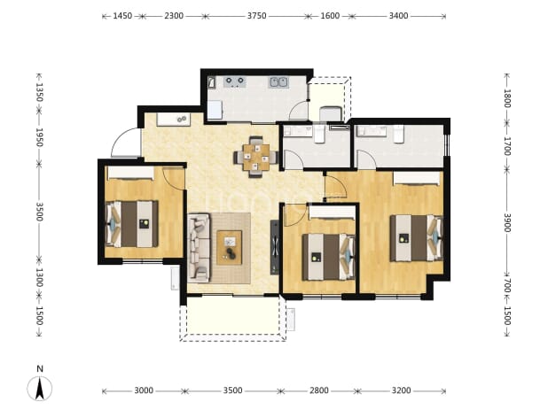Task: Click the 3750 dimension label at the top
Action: click(x=256, y=16)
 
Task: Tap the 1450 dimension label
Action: click(x=122, y=16)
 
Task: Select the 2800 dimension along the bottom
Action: click(x=319, y=391)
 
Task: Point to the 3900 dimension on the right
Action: click(x=507, y=222)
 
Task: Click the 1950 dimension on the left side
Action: click(x=39, y=137)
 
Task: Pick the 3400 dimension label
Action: click(x=398, y=16)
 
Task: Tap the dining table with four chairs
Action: click(x=256, y=157)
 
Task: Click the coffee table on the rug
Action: click(x=230, y=247)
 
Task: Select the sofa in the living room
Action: click(x=199, y=248)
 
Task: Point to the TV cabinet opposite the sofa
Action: click(x=275, y=247)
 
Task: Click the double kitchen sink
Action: click(x=278, y=82)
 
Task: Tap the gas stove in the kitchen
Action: click(x=234, y=81)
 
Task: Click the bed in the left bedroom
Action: click(x=132, y=224)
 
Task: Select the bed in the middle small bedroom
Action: click(x=328, y=257)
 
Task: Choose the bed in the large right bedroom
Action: click(x=417, y=238)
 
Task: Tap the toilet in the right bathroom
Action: click(x=398, y=135)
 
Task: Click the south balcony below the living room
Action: click(x=232, y=317)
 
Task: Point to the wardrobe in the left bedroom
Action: click(x=130, y=173)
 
